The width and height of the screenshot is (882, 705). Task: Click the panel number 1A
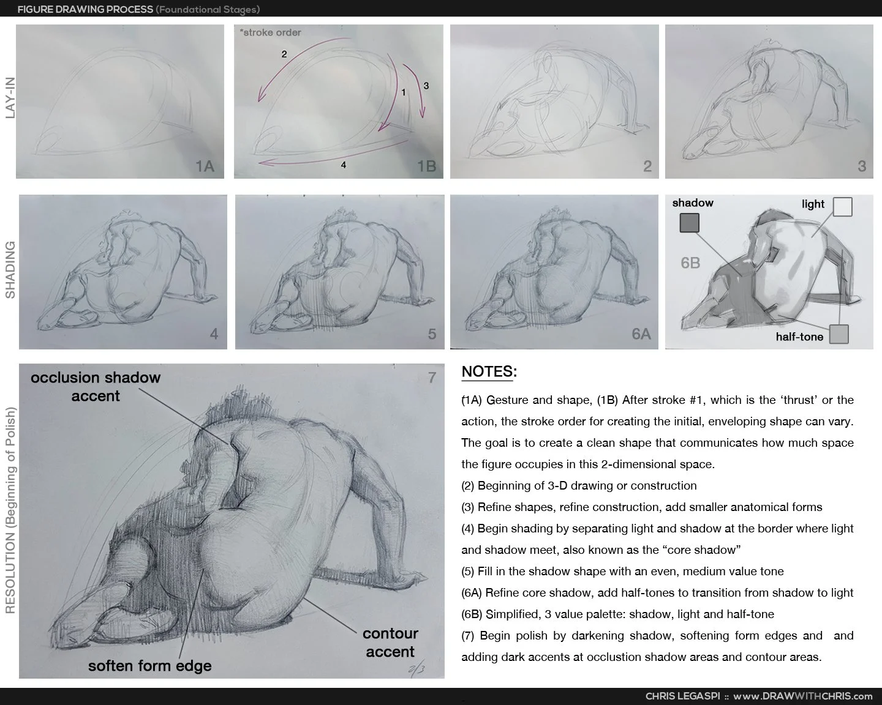click(x=205, y=166)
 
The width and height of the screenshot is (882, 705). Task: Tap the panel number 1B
click(x=426, y=166)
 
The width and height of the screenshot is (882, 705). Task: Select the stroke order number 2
click(x=284, y=54)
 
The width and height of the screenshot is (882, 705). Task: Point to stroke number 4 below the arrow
click(x=344, y=165)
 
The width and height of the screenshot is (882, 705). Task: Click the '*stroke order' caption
click(x=271, y=32)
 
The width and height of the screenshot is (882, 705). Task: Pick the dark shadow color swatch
click(x=689, y=223)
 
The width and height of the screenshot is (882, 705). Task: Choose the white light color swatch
click(x=843, y=207)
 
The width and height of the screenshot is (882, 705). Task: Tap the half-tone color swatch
click(x=839, y=334)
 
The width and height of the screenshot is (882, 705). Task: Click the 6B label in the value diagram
click(x=690, y=263)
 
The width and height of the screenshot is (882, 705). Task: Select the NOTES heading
click(x=489, y=371)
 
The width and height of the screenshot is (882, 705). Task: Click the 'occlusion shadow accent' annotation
click(x=96, y=387)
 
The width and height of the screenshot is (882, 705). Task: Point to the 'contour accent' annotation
click(x=390, y=643)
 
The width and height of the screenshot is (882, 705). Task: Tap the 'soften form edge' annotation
click(x=150, y=666)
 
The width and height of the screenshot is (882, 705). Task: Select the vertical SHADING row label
click(x=10, y=270)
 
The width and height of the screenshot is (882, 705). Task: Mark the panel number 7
click(x=432, y=378)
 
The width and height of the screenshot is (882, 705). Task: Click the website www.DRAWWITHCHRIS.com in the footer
click(x=802, y=696)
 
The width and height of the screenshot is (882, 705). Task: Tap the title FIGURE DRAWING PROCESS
click(x=85, y=9)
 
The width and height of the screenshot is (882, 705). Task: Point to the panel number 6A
click(x=641, y=334)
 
